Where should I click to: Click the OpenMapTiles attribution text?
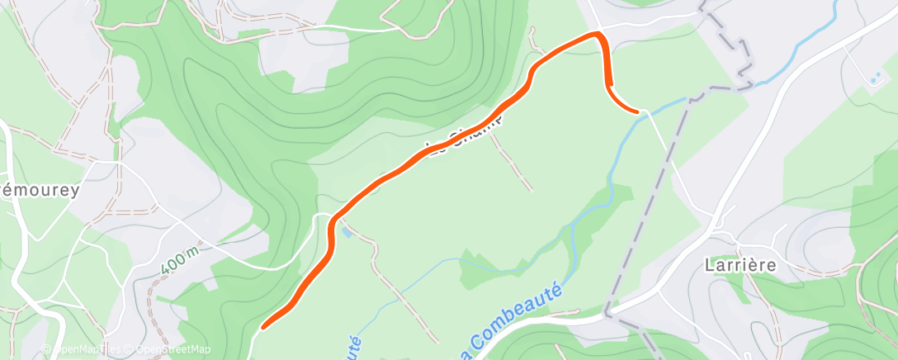[x=83, y=349]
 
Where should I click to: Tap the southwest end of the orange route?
[x=264, y=325]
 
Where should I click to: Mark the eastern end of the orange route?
[x=637, y=110]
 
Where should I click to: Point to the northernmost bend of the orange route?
[x=597, y=34]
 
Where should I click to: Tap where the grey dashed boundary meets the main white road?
[x=608, y=312]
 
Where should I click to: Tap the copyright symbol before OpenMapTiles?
[x=46, y=349]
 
